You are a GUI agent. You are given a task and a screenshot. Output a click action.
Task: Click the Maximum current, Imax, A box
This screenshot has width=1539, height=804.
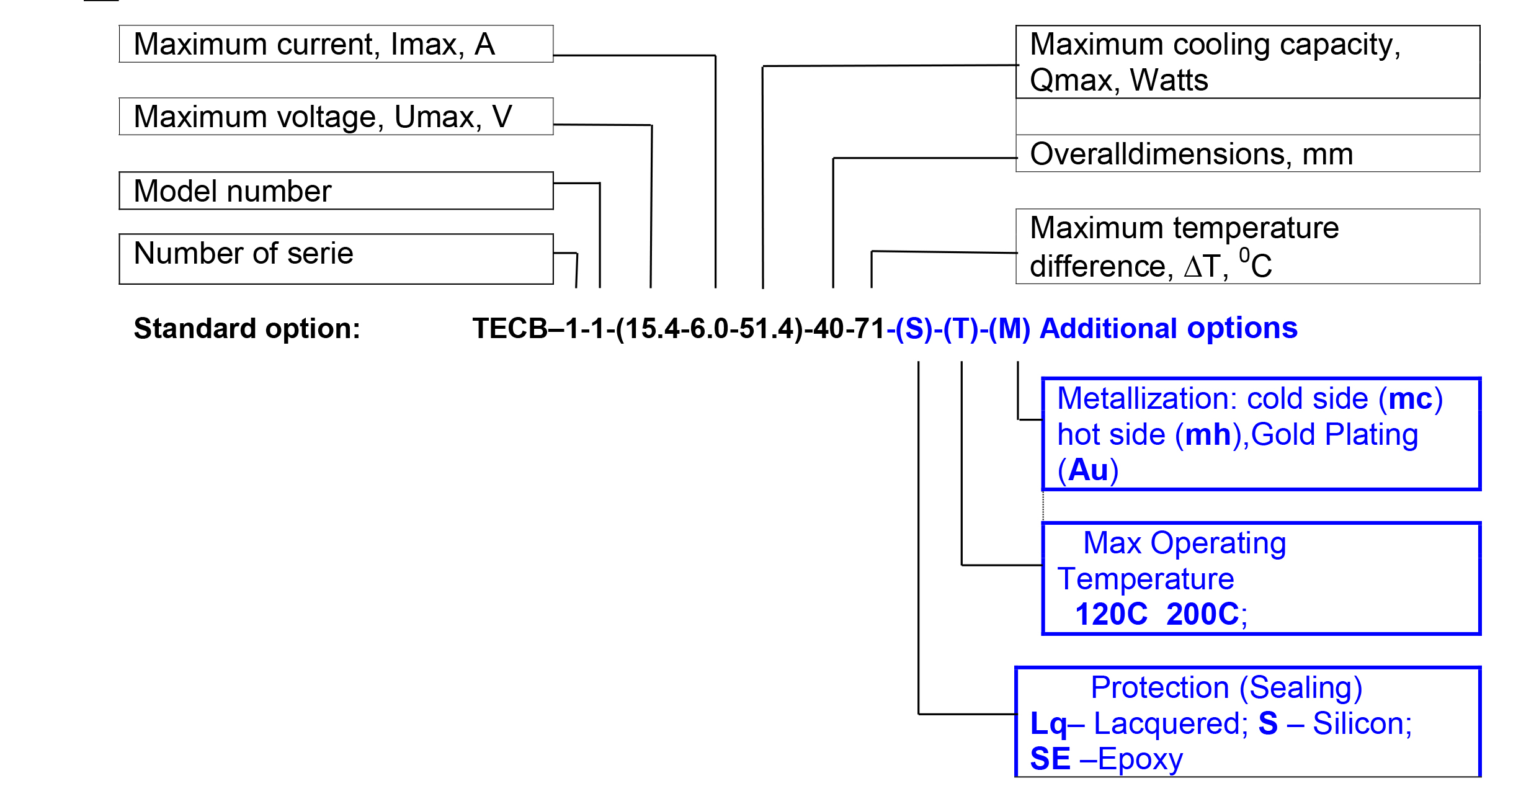click(336, 44)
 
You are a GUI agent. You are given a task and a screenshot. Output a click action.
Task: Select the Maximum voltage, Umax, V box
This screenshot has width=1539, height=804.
click(336, 117)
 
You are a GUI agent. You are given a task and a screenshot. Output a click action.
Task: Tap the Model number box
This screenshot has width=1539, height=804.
click(336, 190)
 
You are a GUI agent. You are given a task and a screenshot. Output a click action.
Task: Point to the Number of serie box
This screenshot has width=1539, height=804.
click(336, 259)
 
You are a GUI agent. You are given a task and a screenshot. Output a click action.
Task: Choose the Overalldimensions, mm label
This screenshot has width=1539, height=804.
click(1191, 154)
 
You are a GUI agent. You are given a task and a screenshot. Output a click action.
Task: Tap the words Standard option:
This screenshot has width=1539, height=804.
click(247, 328)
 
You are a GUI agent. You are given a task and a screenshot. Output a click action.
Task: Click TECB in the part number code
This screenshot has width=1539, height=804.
click(510, 328)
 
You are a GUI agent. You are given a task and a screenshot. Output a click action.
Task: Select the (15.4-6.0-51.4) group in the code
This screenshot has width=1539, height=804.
click(710, 328)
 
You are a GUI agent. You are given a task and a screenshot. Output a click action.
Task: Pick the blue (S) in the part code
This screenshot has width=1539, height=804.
click(914, 328)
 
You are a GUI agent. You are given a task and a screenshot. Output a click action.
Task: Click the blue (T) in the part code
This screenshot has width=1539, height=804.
click(961, 328)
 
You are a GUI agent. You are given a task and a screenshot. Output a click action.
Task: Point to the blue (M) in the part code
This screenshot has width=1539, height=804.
click(1009, 328)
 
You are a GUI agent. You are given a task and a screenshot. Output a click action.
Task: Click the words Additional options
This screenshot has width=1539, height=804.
click(1168, 328)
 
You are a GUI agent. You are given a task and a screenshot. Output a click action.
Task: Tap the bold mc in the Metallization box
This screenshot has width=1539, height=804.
click(1410, 399)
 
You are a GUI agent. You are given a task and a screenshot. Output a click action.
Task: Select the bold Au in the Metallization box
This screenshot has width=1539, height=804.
click(1088, 470)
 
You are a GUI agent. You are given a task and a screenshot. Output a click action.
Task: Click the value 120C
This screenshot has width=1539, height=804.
click(1111, 614)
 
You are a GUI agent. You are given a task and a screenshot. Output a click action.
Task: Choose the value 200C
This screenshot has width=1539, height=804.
click(1202, 614)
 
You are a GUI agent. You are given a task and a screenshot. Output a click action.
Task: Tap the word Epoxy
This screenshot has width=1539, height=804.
click(1140, 759)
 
